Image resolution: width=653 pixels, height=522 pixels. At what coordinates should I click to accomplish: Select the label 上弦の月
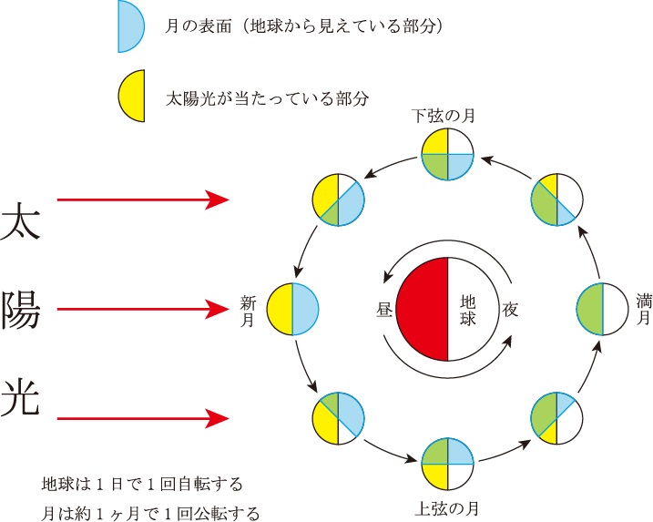[445, 508]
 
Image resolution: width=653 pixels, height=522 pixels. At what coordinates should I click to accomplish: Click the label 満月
[644, 310]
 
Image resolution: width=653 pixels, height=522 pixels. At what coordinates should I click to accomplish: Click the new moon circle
[292, 310]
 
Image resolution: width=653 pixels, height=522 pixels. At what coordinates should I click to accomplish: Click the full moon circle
[603, 310]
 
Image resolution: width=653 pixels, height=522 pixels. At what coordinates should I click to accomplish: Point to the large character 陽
[22, 310]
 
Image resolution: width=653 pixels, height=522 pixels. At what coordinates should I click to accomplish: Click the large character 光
[22, 399]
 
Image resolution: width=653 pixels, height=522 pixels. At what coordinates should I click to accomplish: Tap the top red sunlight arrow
[141, 200]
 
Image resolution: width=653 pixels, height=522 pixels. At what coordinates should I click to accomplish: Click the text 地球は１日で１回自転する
[140, 482]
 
